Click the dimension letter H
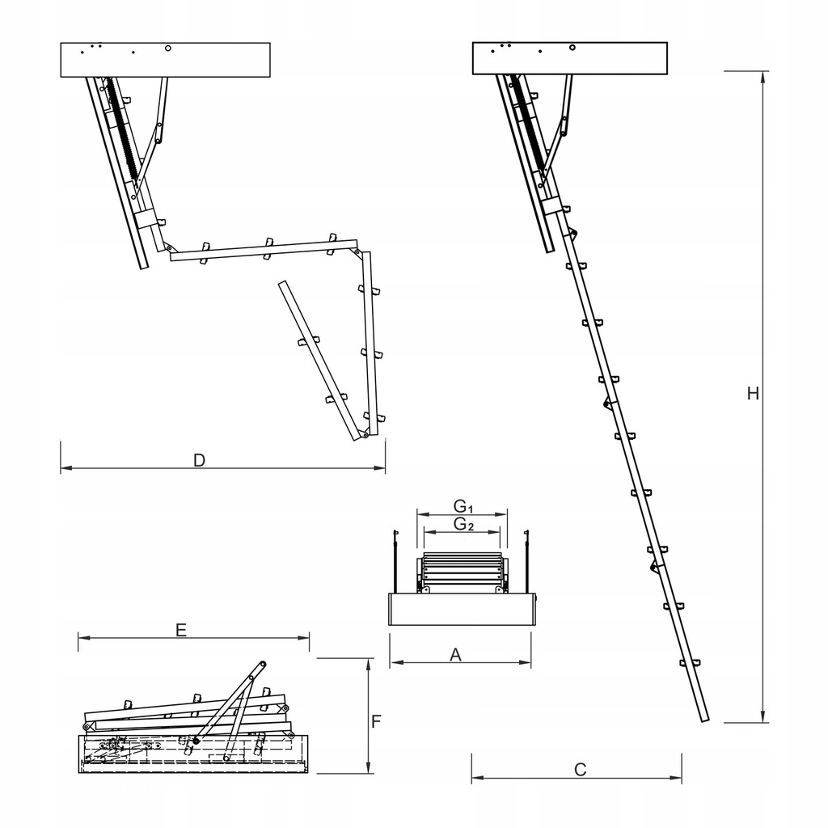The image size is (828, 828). (753, 394)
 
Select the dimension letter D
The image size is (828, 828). (199, 460)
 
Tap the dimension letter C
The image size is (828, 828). (580, 770)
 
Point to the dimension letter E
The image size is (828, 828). (181, 631)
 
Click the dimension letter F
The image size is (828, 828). (376, 721)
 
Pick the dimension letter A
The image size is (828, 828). (455, 655)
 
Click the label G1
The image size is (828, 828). (463, 506)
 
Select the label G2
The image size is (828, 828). (463, 524)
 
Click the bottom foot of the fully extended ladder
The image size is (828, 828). (703, 719)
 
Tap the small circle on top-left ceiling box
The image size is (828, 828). (167, 48)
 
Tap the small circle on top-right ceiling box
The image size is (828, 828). (572, 47)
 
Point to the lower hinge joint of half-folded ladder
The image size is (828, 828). (365, 435)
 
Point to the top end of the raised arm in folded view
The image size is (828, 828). (262, 665)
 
